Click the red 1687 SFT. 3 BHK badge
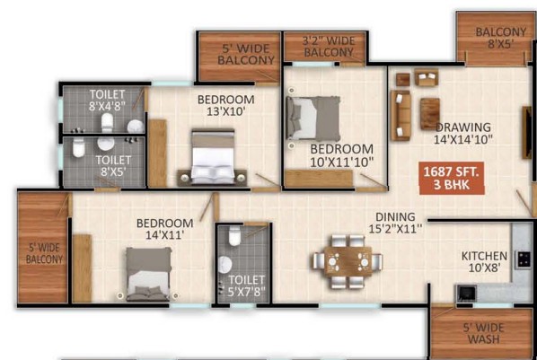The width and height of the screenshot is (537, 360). coord(452,178)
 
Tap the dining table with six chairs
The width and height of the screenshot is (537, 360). coord(348,261)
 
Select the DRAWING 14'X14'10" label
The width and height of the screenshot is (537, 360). coord(463,133)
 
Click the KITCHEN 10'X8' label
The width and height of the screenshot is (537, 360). coord(484,261)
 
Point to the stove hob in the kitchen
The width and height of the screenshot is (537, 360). coord(524,259)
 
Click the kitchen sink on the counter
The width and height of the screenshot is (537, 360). coord(466,294)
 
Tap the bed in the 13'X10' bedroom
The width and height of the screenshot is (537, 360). coord(213,157)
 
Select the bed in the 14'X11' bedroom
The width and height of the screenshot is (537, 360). coord(148,275)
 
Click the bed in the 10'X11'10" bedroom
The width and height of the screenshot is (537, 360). coord(313,118)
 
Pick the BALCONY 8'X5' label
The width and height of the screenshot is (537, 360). coord(501,38)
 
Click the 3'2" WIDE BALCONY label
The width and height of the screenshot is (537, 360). coord(329,47)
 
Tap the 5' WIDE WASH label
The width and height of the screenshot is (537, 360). coord(483,333)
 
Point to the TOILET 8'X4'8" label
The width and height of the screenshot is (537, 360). coord(107,100)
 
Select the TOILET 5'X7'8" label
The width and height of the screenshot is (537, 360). coord(247,285)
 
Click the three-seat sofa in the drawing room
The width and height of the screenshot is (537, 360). coord(401,116)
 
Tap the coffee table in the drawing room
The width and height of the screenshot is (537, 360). coord(430,114)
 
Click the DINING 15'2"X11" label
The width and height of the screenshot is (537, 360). coord(395,223)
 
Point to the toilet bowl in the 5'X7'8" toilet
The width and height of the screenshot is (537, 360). coord(234,236)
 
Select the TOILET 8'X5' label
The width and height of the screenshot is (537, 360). coord(113,166)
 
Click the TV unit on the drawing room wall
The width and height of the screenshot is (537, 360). coord(527,133)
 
